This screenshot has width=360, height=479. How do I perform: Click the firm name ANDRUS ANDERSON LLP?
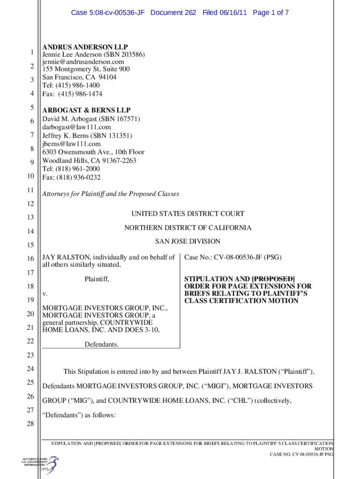tap(85, 47)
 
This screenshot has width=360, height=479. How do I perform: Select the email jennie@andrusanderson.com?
tap(83, 62)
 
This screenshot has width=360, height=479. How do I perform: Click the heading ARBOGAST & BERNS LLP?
tap(86, 110)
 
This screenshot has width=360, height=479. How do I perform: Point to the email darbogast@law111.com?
tap(77, 127)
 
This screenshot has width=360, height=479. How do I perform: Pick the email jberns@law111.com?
tap(72, 144)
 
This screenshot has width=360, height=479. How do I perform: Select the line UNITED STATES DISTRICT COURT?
tap(187, 214)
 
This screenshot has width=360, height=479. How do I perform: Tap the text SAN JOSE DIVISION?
tap(187, 241)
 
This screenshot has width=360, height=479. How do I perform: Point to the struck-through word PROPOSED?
tap(274, 279)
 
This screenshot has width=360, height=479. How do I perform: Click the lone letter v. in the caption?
tap(45, 294)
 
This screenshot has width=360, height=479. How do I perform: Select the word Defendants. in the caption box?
tap(101, 345)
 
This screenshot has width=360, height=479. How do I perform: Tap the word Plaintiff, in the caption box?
tap(97, 279)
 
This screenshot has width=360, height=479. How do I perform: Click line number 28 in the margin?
tap(30, 424)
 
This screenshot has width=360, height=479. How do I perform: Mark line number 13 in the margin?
tap(30, 218)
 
